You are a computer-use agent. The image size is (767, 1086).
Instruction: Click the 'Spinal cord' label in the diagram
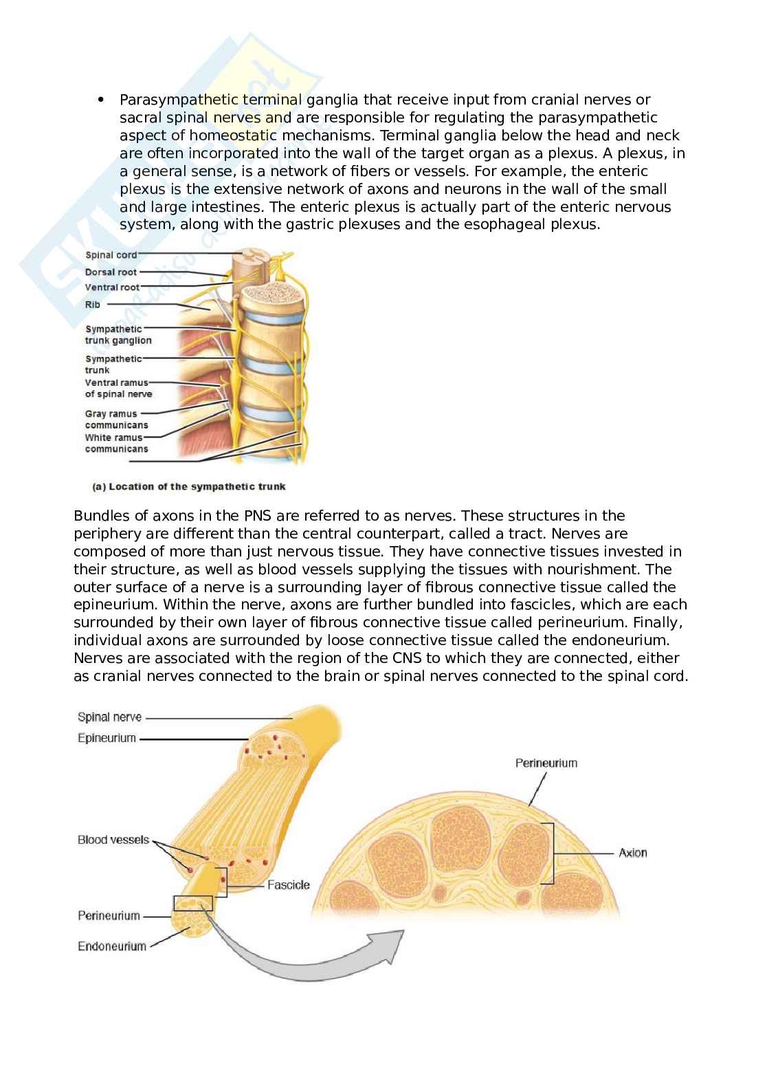[x=111, y=255]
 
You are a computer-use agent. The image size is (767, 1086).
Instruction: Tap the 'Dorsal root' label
[x=111, y=272]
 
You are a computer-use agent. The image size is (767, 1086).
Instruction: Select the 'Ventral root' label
[x=112, y=287]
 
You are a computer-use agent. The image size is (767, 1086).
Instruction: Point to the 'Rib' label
[x=92, y=304]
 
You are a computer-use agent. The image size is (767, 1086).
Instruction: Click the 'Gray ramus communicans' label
[x=116, y=420]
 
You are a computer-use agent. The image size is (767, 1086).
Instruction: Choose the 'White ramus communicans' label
[x=116, y=443]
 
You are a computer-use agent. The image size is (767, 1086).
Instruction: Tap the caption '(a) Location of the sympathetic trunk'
[x=189, y=487]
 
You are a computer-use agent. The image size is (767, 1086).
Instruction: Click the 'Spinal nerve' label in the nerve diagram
[x=109, y=717]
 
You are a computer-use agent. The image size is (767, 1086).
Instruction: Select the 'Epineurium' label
[x=107, y=739]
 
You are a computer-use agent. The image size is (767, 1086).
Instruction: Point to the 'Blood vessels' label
[x=113, y=840]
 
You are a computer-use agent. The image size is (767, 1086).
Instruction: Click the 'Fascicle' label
[x=288, y=885]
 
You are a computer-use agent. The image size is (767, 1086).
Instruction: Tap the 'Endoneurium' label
[x=111, y=946]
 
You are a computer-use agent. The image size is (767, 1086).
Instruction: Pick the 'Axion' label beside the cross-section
[x=632, y=853]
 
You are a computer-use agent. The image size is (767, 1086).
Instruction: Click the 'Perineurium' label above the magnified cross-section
[x=546, y=763]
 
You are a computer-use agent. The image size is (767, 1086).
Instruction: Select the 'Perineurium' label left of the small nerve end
[x=109, y=916]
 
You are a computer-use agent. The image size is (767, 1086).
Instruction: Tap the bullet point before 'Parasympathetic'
[x=101, y=100]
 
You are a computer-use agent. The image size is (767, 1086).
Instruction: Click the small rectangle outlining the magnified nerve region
[x=193, y=903]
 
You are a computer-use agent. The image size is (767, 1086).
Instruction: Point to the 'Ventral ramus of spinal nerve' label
[x=118, y=388]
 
